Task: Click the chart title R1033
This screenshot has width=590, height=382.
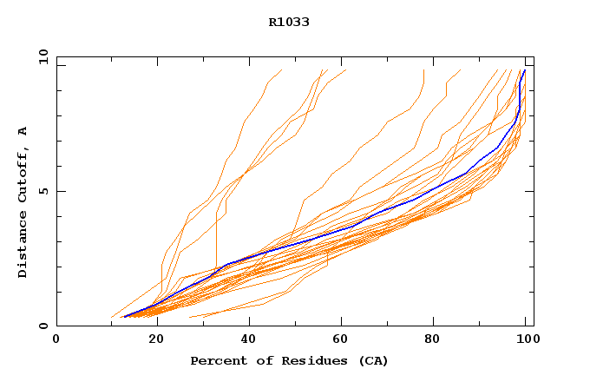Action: tap(289, 22)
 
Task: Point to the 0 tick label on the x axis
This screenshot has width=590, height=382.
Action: tap(56, 339)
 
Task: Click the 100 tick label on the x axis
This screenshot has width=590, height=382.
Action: tap(525, 339)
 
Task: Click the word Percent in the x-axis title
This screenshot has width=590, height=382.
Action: tap(216, 360)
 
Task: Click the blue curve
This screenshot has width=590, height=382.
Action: tap(347, 228)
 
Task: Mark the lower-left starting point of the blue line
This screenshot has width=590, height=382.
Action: tap(124, 317)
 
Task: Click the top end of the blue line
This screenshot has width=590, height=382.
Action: tap(524, 70)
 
